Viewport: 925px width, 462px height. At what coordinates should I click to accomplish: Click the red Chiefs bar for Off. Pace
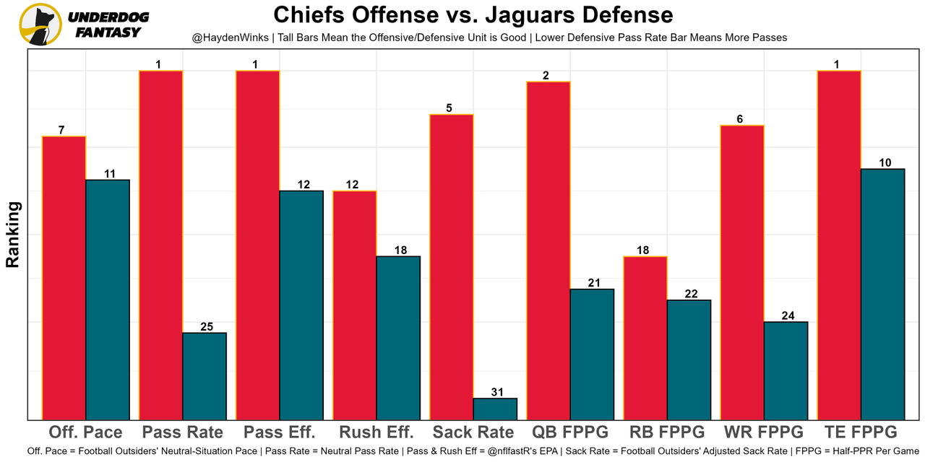[x=64, y=278]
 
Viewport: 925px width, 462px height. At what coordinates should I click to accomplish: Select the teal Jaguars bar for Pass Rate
[x=205, y=376]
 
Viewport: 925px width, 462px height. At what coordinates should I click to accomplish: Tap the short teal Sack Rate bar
[x=495, y=409]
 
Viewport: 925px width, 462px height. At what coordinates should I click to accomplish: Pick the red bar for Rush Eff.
[x=354, y=305]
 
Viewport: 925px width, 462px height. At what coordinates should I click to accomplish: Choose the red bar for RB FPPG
[x=645, y=338]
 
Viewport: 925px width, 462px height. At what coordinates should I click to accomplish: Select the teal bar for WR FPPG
[x=786, y=370]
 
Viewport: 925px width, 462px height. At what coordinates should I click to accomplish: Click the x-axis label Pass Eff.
[x=279, y=432]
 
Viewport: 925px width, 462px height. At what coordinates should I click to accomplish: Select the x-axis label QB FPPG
[x=570, y=432]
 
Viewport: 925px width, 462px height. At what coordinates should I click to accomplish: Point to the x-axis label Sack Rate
[x=473, y=432]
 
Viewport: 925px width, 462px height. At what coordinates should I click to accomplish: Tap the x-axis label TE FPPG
[x=861, y=432]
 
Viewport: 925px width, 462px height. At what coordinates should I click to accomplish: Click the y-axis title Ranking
[x=13, y=235]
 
